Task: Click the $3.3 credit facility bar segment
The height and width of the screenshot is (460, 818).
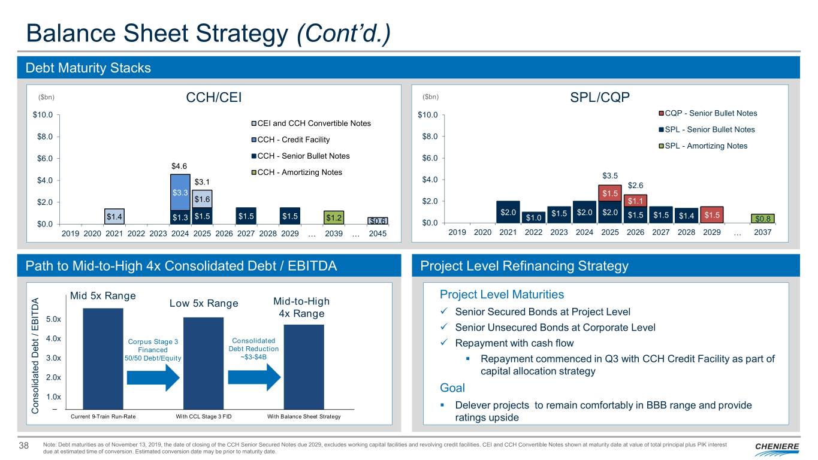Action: (180, 192)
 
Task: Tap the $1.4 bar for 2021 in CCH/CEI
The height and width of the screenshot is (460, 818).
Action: (114, 216)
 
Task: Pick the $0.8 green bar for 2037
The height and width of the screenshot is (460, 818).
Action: (763, 219)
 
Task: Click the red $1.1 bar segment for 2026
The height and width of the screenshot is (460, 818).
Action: (636, 201)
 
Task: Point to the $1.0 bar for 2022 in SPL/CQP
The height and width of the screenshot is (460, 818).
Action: (533, 217)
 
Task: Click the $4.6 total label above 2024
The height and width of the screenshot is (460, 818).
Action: (180, 167)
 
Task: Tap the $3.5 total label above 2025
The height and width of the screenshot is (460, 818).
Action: (610, 175)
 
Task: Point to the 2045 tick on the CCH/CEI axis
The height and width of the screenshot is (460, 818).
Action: (378, 234)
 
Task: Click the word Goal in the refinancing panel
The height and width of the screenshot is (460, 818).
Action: (452, 388)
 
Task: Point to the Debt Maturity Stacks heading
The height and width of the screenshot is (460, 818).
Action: (88, 68)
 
